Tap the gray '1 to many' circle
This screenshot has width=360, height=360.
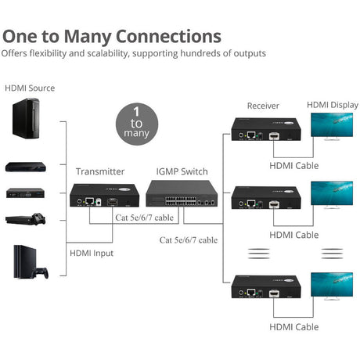pos(135,124)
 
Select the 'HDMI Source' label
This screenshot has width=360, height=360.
pos(31,88)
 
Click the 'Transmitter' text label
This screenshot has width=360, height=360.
pos(99,171)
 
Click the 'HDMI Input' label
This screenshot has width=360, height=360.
pos(92,253)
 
